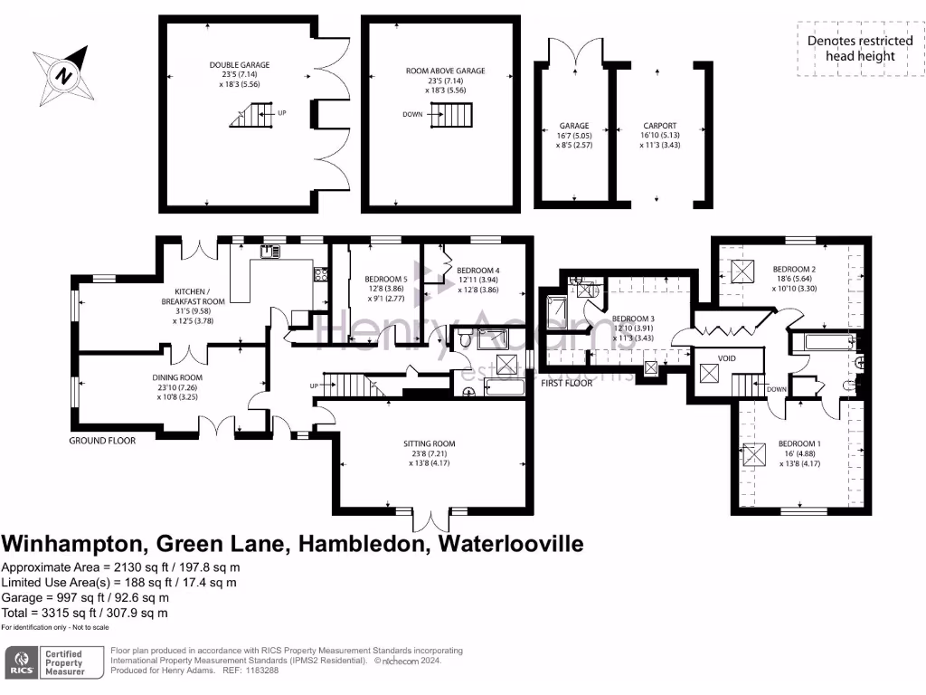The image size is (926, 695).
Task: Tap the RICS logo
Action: coord(22,662)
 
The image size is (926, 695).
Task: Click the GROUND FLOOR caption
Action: coord(102,441)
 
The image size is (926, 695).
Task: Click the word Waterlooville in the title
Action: coord(510,544)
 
